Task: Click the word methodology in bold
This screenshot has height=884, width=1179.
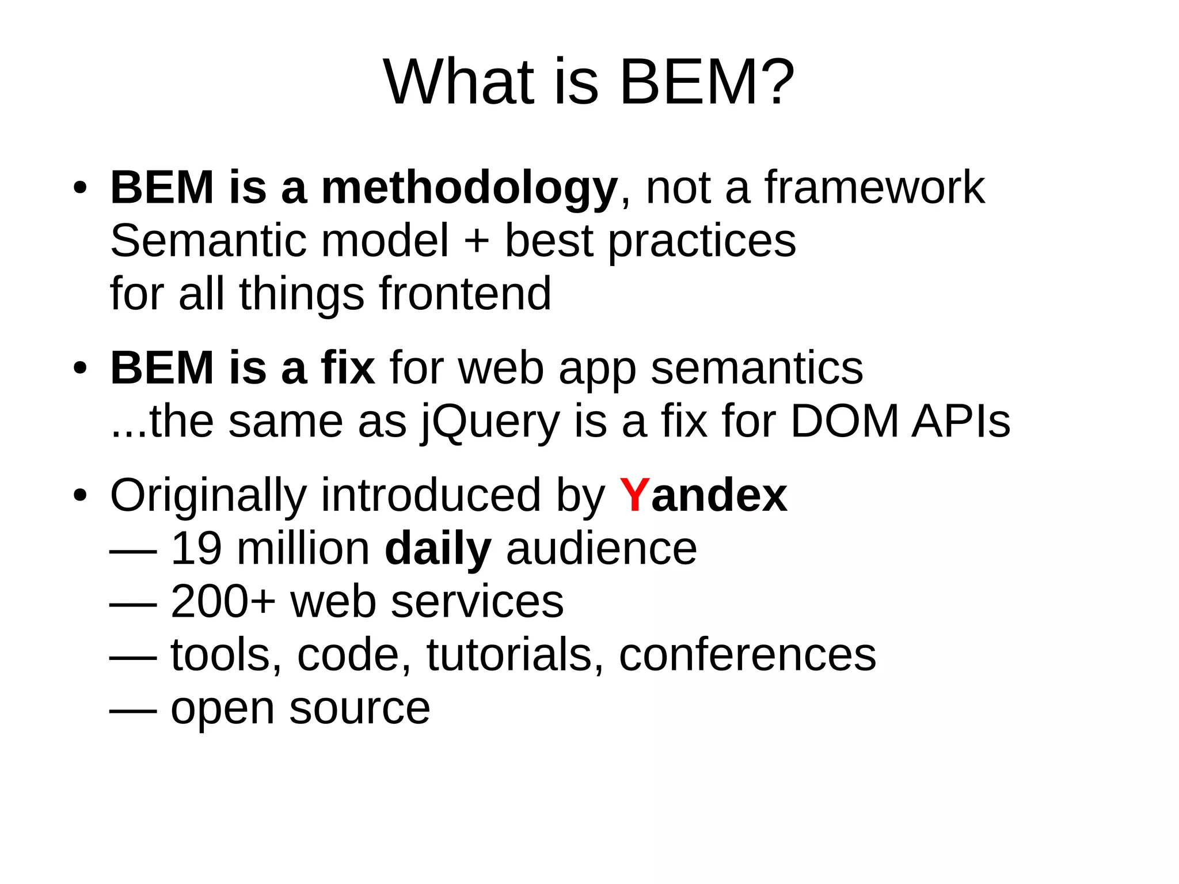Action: click(x=469, y=189)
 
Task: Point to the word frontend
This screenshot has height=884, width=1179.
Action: click(x=465, y=294)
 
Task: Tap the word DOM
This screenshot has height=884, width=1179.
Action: click(x=845, y=421)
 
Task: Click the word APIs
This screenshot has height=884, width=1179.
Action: click(x=961, y=421)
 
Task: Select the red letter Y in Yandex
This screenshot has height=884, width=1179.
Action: click(x=634, y=495)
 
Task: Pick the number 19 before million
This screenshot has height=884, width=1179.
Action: click(x=196, y=549)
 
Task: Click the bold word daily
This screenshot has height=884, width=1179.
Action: click(x=438, y=549)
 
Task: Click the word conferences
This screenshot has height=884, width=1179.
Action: click(x=747, y=655)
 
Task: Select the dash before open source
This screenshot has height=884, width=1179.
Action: click(x=133, y=712)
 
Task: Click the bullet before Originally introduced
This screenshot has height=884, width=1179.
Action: click(x=80, y=495)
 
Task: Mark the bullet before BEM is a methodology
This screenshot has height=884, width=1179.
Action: click(x=80, y=188)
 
